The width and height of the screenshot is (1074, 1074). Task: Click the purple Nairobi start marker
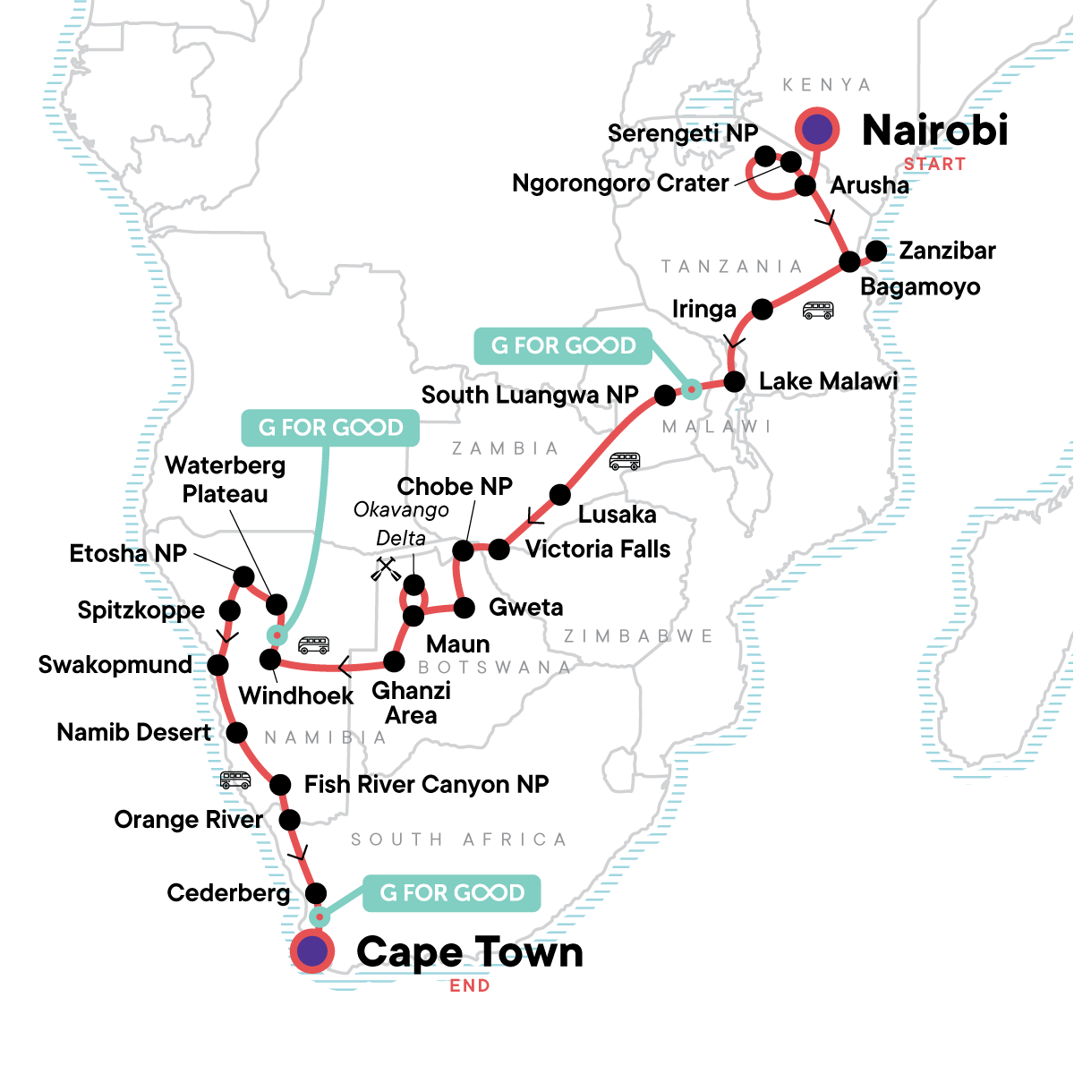pos(817,129)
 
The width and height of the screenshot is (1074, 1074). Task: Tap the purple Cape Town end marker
pos(312,951)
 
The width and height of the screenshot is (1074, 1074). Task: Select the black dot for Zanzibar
pos(876,251)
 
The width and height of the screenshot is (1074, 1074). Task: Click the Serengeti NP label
pos(683,133)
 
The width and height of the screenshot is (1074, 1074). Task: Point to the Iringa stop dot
pos(762,309)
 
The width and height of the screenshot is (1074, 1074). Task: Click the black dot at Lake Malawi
pos(735,382)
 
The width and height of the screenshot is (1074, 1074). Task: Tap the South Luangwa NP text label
pos(530,396)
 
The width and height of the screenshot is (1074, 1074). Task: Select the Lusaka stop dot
pos(560,494)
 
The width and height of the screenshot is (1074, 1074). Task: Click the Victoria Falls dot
pos(499,550)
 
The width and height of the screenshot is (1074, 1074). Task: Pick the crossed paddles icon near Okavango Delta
pos(385,569)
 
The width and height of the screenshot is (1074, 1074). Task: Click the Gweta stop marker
pos(465,608)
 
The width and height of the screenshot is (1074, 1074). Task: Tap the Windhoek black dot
pos(270,660)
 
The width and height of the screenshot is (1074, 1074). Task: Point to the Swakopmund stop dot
pos(217,664)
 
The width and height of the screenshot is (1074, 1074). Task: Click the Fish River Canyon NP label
pos(426,785)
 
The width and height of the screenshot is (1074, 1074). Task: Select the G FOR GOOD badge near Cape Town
pos(451,893)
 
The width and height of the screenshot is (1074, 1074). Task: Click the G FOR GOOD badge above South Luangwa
pos(563,345)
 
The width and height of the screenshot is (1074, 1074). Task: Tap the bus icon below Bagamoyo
pos(818,310)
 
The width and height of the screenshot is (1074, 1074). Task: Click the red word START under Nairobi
pos(934,165)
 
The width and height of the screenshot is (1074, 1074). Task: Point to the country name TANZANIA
pos(732,267)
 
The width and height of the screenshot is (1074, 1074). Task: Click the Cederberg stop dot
pos(316,893)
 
